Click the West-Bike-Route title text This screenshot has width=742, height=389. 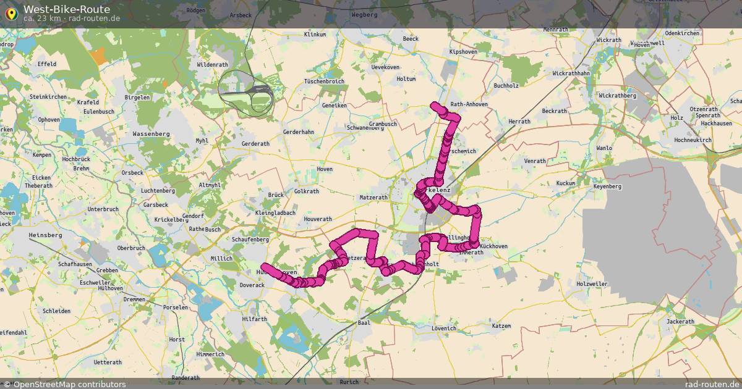pos(67,9)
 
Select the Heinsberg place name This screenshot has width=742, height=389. pos(46,235)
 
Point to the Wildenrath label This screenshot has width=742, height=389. pos(212,65)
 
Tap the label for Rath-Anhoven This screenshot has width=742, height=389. pos(469,104)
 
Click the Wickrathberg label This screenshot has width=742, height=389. pos(618,96)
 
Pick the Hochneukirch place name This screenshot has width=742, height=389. pos(693,140)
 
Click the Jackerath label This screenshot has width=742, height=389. pos(681,322)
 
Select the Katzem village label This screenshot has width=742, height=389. pos(501,325)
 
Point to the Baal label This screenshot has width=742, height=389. pos(364,323)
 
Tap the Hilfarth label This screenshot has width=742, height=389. pos(255,319)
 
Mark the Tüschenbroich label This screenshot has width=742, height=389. pos(324,82)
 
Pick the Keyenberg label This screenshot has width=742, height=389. pos(607,186)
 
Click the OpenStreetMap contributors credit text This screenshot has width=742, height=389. pos(69,384)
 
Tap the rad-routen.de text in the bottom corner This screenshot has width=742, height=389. pos(712,384)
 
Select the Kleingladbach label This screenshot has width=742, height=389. pos(275,213)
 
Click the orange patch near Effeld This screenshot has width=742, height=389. pos(98,57)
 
